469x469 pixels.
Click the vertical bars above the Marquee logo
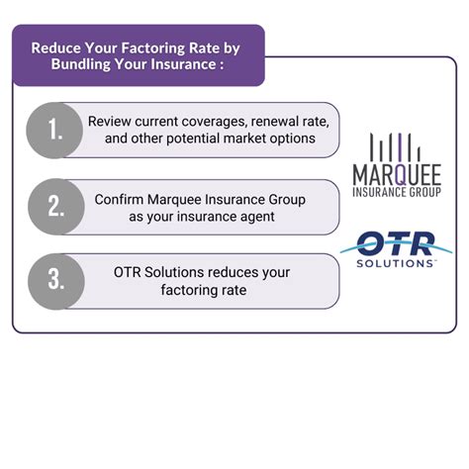pos(394,145)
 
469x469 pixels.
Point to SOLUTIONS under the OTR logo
pos(396,264)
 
